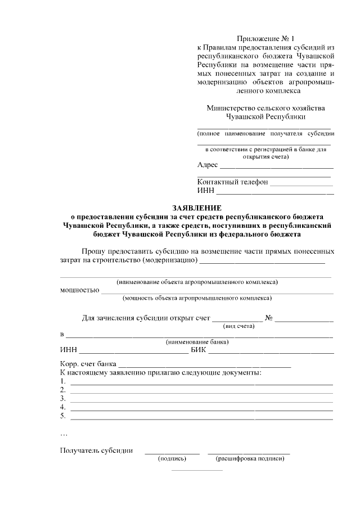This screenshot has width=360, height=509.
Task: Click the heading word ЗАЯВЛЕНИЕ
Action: pos(196,207)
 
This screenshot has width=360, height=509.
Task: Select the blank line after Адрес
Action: pos(276,167)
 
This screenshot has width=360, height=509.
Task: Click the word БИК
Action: pos(199,352)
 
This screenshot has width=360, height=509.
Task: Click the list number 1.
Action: pos(63,381)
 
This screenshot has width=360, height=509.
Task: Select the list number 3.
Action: pos(63,398)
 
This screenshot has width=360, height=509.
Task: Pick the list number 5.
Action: pos(63,416)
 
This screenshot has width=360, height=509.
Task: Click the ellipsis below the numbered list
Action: pos(63,434)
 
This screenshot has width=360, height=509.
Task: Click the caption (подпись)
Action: pos(172,458)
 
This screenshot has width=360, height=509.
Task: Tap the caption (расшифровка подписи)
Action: pos(250,458)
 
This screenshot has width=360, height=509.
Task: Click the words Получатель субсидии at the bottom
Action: pos(96,450)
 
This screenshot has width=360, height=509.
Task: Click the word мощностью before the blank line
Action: pos(79,290)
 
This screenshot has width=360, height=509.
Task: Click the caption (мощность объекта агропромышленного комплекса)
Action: pos(197,298)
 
